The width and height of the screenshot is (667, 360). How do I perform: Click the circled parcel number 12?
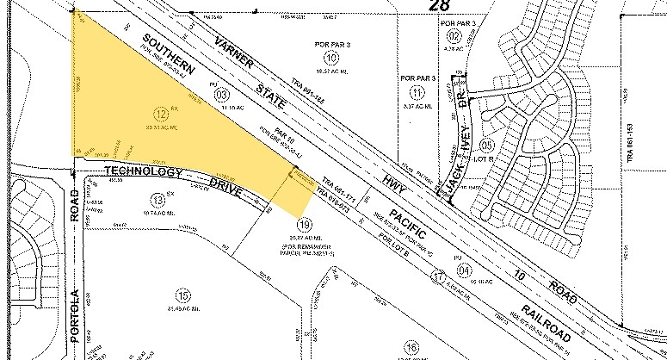pyautogui.click(x=160, y=113)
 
